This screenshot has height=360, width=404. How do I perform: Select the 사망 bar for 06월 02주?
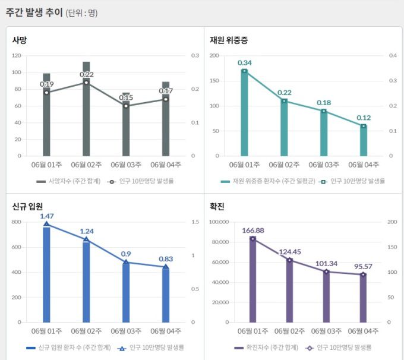click(86, 113)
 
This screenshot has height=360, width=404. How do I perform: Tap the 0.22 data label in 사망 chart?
click(87, 74)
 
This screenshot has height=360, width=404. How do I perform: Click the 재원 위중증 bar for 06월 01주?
click(244, 116)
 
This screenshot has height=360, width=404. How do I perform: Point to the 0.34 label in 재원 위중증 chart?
click(244, 62)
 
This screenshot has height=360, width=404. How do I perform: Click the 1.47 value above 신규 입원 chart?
click(47, 216)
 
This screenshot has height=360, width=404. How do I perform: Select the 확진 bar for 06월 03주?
click(326, 297)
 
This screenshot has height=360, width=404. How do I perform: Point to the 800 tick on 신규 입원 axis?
click(16, 222)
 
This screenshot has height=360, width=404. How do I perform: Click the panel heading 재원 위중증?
click(229, 40)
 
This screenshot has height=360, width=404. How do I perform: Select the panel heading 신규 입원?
click(27, 206)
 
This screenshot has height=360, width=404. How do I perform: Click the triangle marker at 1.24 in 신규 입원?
click(86, 239)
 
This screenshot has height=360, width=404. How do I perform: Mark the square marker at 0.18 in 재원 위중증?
click(324, 111)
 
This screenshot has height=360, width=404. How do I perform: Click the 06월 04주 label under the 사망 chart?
click(166, 165)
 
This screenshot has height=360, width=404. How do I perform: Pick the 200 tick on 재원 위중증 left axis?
click(214, 56)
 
